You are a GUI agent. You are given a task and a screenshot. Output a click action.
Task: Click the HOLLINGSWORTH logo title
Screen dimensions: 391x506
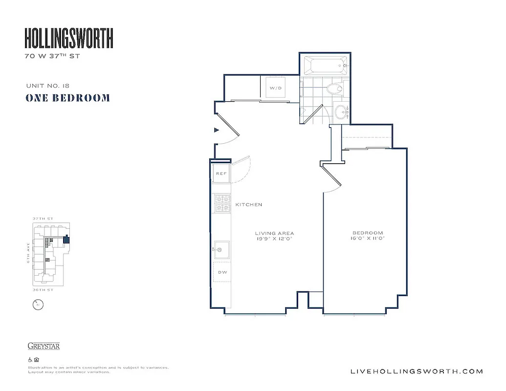69,38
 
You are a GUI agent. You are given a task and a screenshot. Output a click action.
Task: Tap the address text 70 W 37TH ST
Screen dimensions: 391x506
52,56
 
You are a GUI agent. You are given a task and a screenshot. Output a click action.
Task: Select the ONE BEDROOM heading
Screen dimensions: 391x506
67,98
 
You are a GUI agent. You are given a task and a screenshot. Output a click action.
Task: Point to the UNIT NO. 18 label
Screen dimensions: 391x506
48,86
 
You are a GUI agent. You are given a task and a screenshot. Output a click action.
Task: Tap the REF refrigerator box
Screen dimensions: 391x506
221,174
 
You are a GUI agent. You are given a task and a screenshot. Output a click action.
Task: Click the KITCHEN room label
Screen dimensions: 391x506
249,204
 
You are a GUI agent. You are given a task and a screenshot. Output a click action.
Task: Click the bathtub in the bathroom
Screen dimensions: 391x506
325,65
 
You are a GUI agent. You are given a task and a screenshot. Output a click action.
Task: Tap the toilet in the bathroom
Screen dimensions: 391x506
335,89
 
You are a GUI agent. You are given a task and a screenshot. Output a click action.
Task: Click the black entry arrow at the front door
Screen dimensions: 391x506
217,130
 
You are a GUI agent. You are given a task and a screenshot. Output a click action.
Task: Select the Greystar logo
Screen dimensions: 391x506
44,347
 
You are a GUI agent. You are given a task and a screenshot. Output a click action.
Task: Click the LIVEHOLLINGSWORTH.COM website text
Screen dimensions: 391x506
417,371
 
